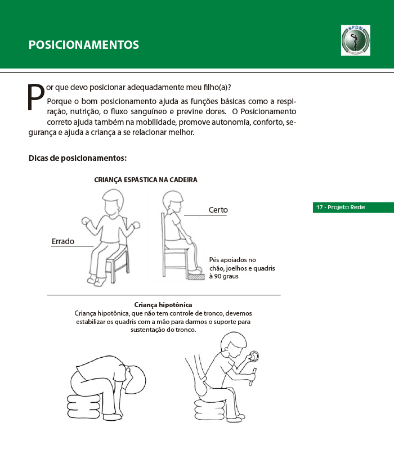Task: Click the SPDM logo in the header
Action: pyautogui.click(x=355, y=39)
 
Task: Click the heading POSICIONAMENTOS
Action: pyautogui.click(x=84, y=45)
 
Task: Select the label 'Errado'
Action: pyautogui.click(x=63, y=241)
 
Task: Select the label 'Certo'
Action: pyautogui.click(x=218, y=210)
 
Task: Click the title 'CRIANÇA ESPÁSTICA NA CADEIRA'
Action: pyautogui.click(x=145, y=180)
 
